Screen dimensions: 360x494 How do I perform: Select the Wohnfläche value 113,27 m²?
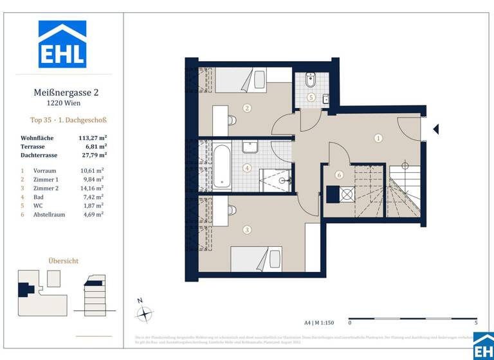coord(93,138)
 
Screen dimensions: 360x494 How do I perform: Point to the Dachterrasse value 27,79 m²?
coord(93,154)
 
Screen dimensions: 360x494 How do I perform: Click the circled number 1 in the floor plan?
coord(378,138)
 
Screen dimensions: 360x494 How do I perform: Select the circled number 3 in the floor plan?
coord(246,229)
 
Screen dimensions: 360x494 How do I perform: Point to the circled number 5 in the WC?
coord(311,98)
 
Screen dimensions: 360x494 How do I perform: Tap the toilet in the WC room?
coord(309,82)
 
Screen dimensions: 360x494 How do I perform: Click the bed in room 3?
coord(256,259)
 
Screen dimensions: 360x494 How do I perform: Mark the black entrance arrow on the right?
coord(435,129)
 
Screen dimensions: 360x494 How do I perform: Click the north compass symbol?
coord(145,314)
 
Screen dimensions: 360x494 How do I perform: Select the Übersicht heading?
coord(64,261)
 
